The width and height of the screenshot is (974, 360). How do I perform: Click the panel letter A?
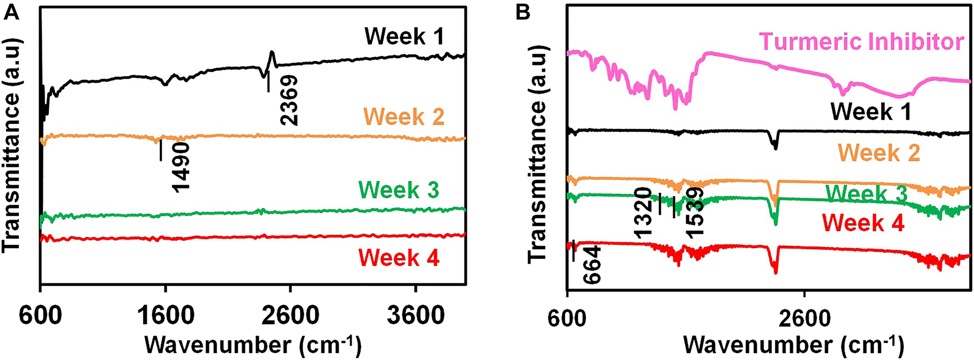click(12, 12)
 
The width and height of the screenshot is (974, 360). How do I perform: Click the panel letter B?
click(523, 12)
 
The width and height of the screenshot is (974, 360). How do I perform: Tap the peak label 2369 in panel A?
click(288, 101)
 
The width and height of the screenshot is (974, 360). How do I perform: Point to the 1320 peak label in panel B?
click(642, 213)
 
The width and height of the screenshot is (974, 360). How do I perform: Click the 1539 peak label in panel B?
click(695, 213)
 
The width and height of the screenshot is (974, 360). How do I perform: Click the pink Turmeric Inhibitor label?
click(861, 41)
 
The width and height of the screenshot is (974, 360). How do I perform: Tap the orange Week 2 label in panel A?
click(404, 116)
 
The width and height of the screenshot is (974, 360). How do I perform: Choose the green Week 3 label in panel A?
click(399, 190)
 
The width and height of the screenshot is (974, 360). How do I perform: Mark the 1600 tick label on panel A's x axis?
click(166, 316)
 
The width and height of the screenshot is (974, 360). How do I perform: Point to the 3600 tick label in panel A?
click(416, 316)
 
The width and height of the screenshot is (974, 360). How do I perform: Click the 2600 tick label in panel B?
click(805, 316)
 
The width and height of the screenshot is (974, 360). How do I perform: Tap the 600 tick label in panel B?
click(567, 316)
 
